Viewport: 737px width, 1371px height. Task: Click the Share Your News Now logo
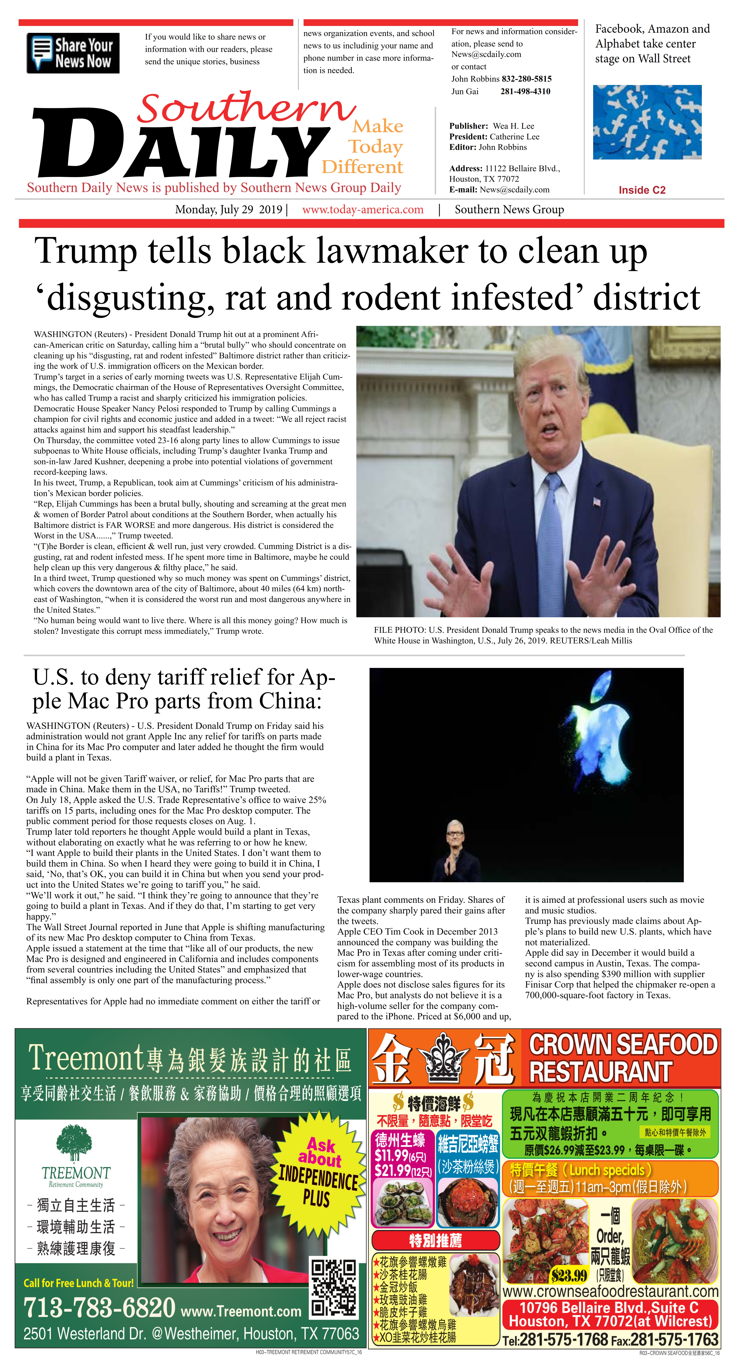coord(73,53)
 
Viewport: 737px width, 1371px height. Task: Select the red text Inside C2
coord(642,190)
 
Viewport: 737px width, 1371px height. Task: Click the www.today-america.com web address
coord(363,210)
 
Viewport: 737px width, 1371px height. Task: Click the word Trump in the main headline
coord(85,251)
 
